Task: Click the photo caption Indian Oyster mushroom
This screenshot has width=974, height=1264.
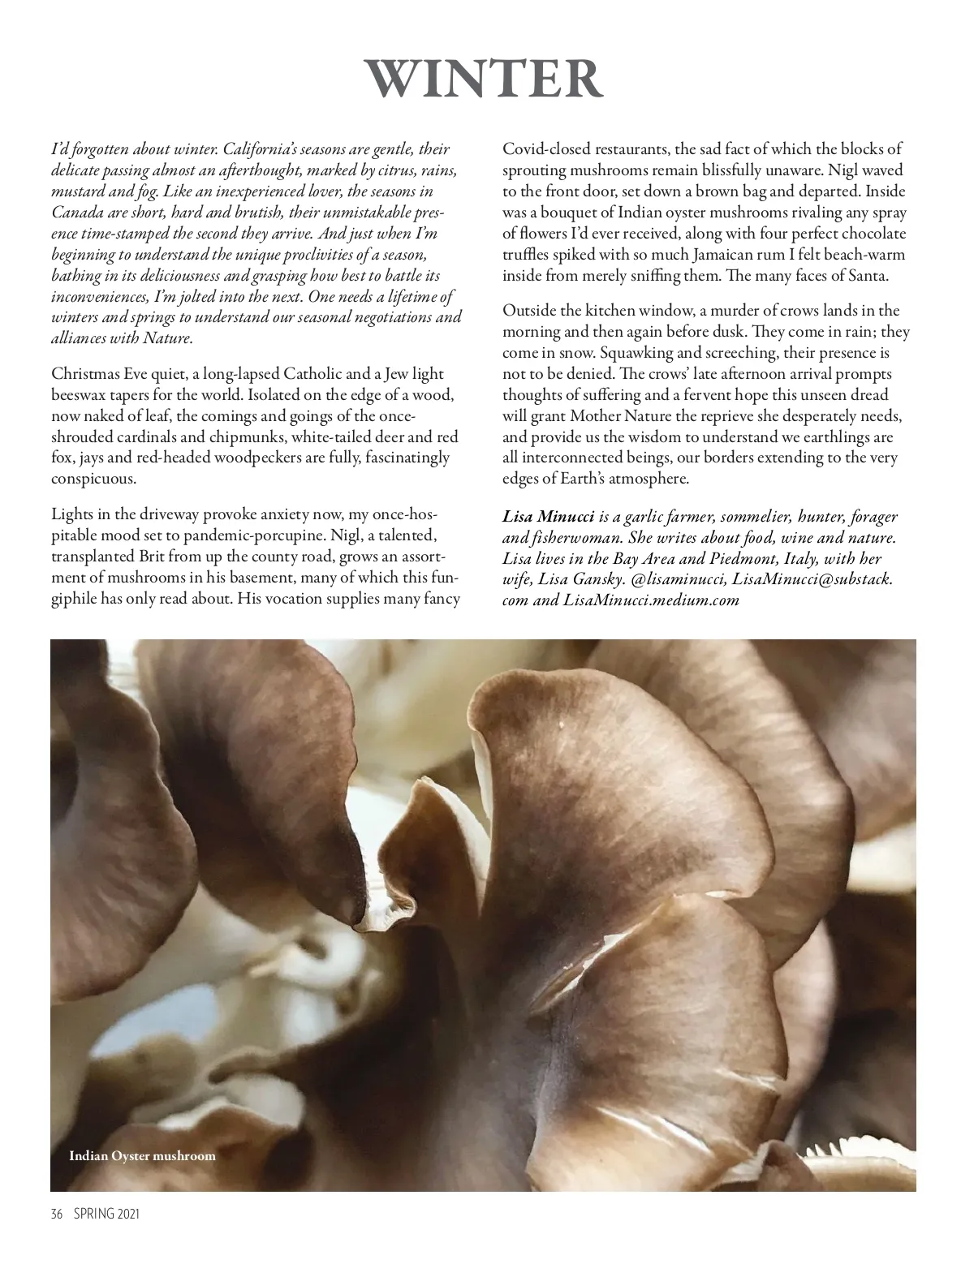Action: pyautogui.click(x=143, y=1156)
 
